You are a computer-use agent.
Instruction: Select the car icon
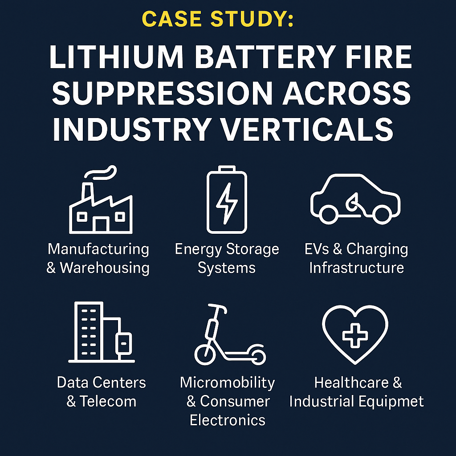point(355,198)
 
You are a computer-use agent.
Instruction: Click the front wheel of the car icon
point(381,214)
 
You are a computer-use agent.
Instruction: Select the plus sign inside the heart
point(355,335)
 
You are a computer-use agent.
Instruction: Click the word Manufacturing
point(98,249)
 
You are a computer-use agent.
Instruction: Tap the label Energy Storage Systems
point(227,258)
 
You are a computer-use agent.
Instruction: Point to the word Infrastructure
point(356,268)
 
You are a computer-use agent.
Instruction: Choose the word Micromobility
point(227,383)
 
